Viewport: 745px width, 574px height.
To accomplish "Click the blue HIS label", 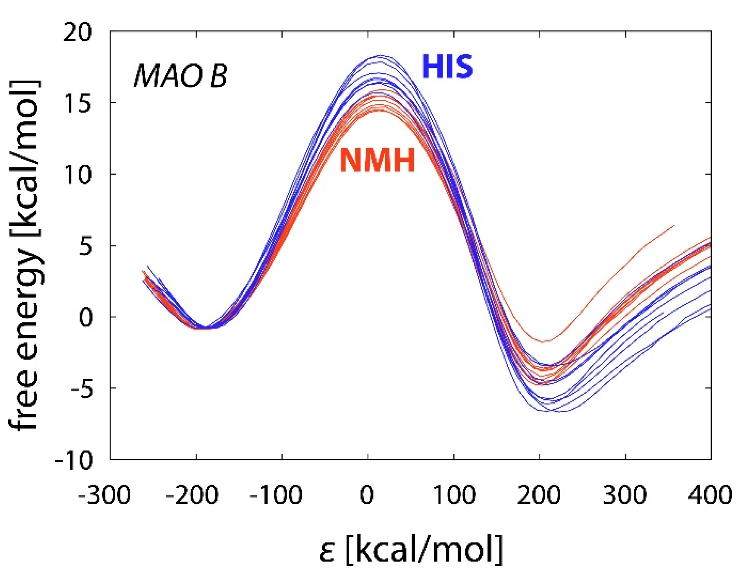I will pyautogui.click(x=447, y=66).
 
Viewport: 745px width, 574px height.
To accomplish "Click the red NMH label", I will pyautogui.click(x=377, y=160).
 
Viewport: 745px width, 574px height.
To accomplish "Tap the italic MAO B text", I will pyautogui.click(x=180, y=76).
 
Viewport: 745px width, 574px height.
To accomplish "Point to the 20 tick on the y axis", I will pyautogui.click(x=78, y=32).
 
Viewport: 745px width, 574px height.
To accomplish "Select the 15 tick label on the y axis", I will pyautogui.click(x=78, y=103).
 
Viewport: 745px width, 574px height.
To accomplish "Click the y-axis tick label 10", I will pyautogui.click(x=78, y=175).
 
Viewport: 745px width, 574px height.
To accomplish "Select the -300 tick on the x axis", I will pyautogui.click(x=104, y=495).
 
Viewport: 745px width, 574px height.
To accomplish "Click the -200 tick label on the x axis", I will pyautogui.click(x=192, y=495).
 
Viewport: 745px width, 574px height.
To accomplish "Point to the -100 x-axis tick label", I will pyautogui.click(x=276, y=495).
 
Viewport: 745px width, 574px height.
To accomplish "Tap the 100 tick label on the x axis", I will pyautogui.click(x=454, y=495).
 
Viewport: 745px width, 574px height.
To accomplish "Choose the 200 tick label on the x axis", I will pyautogui.click(x=539, y=495).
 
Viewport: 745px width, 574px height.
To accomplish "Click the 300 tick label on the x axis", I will pyautogui.click(x=625, y=495).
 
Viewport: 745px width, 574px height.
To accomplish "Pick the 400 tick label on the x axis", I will pyautogui.click(x=710, y=495).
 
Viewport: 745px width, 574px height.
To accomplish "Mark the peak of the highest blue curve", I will pyautogui.click(x=380, y=55).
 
